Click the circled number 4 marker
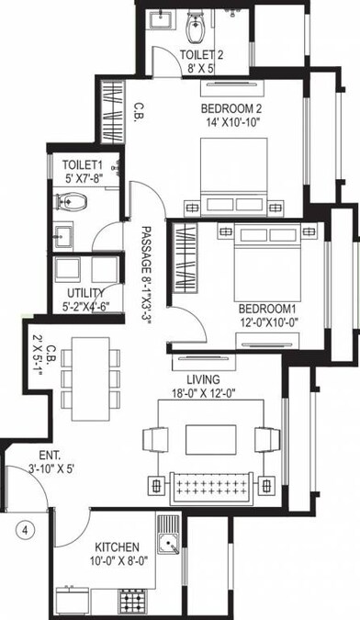(x=28, y=530)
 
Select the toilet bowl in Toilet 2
(x=196, y=28)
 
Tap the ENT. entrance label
(x=50, y=456)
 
